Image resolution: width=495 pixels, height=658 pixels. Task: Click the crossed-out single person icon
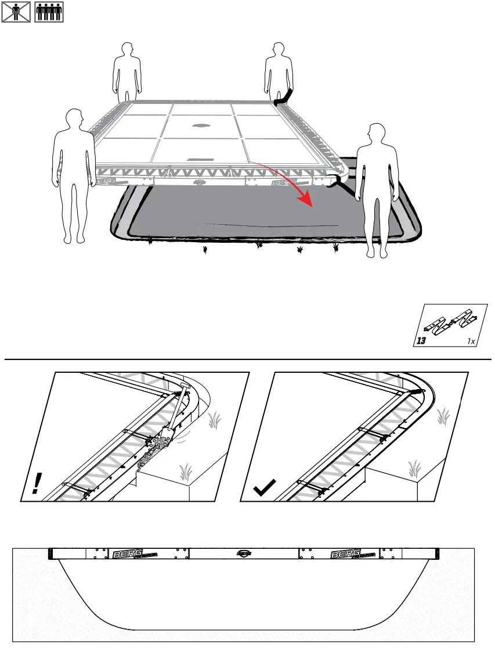tap(16, 12)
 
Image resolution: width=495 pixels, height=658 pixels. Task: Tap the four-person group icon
tap(49, 12)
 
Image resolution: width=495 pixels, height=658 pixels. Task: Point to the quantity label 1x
tap(471, 342)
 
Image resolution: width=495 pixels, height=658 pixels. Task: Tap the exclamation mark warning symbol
tap(37, 483)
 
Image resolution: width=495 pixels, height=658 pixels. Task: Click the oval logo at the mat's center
tap(201, 125)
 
